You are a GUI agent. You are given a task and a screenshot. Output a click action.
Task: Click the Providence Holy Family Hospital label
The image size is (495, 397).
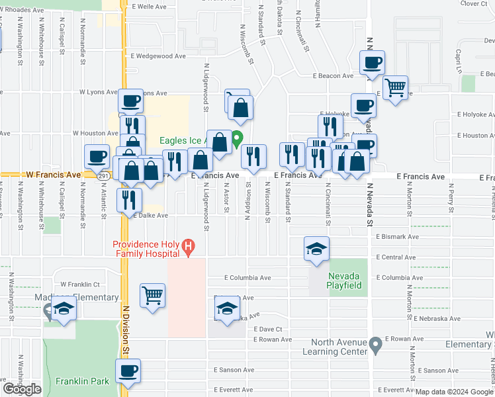pyautogui.click(x=146, y=248)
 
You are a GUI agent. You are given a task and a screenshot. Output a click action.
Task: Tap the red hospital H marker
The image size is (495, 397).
pyautogui.click(x=189, y=247)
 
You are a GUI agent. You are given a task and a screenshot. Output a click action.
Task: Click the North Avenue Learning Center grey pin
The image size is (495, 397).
pyautogui.click(x=375, y=344)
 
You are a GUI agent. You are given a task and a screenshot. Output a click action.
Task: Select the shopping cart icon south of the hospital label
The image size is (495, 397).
pyautogui.click(x=152, y=295)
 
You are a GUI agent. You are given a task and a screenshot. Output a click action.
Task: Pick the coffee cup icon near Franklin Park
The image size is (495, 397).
pyautogui.click(x=128, y=371)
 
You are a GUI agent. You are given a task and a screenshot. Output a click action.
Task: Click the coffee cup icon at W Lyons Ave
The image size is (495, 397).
pyautogui.click(x=130, y=101)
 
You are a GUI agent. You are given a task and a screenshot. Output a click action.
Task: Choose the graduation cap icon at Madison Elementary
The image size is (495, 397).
pyautogui.click(x=64, y=310)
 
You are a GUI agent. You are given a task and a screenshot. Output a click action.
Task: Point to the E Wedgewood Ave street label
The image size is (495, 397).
pyautogui.click(x=158, y=56)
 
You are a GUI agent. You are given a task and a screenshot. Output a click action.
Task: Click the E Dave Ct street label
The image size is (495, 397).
pyautogui.click(x=267, y=329)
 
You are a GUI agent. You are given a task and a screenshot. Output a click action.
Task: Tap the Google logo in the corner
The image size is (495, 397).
pyautogui.click(x=22, y=389)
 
